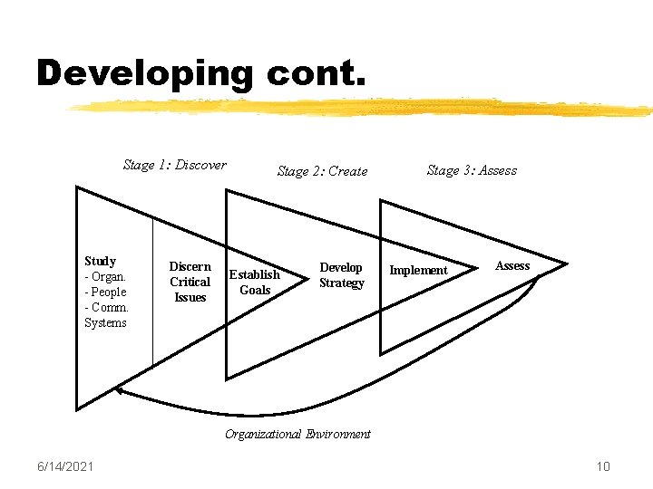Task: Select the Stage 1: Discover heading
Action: coord(175,165)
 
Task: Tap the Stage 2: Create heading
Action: coord(322,171)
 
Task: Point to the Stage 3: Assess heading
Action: coord(472,170)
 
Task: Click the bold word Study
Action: coord(100,261)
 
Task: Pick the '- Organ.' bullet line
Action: coord(104,276)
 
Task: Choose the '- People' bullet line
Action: coord(105,292)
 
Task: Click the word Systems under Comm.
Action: coord(105,322)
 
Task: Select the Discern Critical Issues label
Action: coord(190,282)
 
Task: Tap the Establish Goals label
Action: coord(255,282)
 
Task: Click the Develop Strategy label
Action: coord(341,275)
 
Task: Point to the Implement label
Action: coord(418,270)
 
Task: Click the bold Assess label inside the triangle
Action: coord(512,265)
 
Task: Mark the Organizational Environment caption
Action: coord(297,434)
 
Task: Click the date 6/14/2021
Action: coord(65,466)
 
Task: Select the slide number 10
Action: coord(603,466)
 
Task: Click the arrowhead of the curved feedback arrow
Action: coord(119,391)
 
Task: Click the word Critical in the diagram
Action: coord(190,282)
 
